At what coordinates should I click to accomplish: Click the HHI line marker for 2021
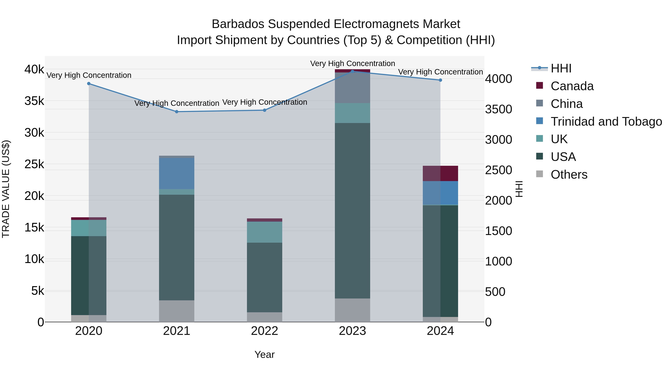pos(177,112)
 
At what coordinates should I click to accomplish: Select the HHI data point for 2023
pos(352,71)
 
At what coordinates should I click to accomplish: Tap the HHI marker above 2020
pos(89,83)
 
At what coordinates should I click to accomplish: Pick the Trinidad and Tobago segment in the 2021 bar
pos(177,173)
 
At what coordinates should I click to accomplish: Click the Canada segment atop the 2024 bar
pos(440,173)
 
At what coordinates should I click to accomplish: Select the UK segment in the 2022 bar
pos(265,232)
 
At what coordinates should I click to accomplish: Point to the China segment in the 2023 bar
pos(352,88)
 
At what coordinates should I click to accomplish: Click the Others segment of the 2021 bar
pos(177,311)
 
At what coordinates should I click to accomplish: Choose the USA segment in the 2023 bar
pos(352,211)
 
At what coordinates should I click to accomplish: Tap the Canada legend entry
pos(572,86)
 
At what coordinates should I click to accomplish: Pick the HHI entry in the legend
pos(561,68)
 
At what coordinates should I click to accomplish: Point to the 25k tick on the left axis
pos(34,164)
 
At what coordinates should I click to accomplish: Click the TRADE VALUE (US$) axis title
pos(6,189)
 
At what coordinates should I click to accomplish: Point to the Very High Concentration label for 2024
pos(440,72)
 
